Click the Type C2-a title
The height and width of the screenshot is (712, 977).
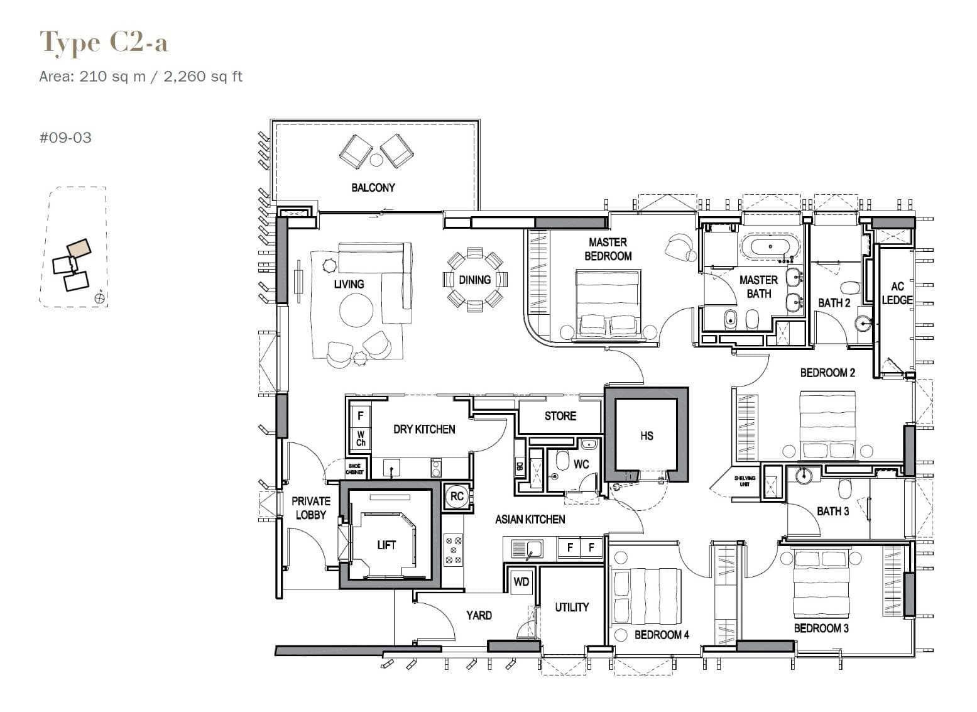[x=104, y=43]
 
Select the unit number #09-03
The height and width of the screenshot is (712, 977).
[x=65, y=138]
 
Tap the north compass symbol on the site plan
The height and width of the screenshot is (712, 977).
[x=99, y=298]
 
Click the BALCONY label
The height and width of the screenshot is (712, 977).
[x=373, y=187]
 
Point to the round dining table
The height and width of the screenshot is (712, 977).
[x=474, y=280]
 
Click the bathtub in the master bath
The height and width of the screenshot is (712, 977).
[x=771, y=246]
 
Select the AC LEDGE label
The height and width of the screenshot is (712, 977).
[x=897, y=293]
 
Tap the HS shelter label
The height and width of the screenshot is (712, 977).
[x=647, y=435]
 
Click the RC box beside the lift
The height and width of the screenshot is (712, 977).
[x=457, y=496]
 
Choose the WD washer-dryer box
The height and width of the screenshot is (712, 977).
[x=521, y=581]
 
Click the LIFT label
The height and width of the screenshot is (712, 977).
[x=386, y=545]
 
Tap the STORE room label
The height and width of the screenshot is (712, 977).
[x=560, y=416]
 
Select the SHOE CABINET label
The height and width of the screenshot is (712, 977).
[x=354, y=469]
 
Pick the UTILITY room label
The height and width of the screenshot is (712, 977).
[x=572, y=607]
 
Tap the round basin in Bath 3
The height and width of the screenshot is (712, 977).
[x=804, y=475]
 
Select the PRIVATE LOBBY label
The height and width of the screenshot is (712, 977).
[x=310, y=508]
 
